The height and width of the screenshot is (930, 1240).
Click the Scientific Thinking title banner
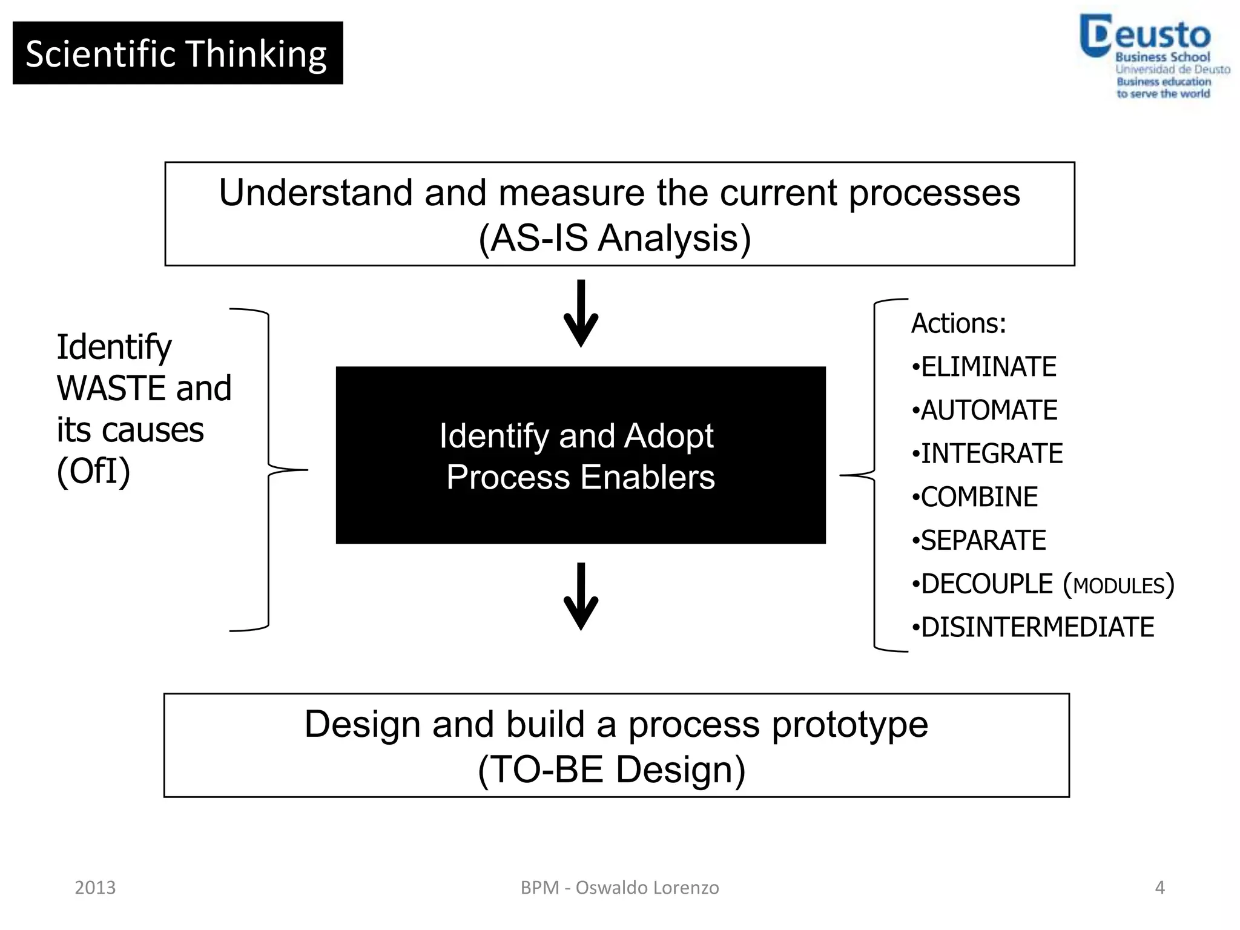pyautogui.click(x=177, y=53)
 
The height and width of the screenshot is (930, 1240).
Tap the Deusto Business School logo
pyautogui.click(x=1153, y=56)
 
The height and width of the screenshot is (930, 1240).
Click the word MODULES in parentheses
pyautogui.click(x=1119, y=586)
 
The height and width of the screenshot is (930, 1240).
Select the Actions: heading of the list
pyautogui.click(x=958, y=323)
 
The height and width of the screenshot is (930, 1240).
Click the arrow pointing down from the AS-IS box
pyautogui.click(x=581, y=313)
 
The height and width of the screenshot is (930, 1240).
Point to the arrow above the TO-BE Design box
pyautogui.click(x=581, y=596)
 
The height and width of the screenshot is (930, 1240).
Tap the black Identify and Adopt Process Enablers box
pyautogui.click(x=581, y=455)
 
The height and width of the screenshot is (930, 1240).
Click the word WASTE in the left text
pyautogui.click(x=111, y=389)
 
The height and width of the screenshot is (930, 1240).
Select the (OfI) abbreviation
pyautogui.click(x=93, y=472)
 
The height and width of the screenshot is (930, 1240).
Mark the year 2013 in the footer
pyautogui.click(x=95, y=888)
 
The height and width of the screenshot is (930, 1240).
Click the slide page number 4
pyautogui.click(x=1159, y=888)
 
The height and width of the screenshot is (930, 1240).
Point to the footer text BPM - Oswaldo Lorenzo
pyautogui.click(x=619, y=888)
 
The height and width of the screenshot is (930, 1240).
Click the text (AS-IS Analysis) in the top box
pyautogui.click(x=615, y=238)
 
